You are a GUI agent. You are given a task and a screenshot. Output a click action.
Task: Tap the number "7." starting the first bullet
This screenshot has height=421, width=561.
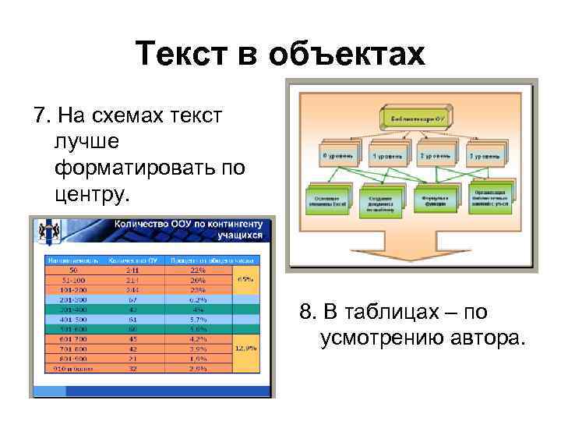click(x=44, y=117)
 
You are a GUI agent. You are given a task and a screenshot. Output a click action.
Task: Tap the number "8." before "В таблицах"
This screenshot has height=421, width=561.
click(x=310, y=313)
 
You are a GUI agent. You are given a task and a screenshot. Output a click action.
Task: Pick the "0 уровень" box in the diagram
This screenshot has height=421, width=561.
click(x=338, y=155)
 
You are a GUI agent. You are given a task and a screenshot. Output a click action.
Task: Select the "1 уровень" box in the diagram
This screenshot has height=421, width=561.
click(x=386, y=155)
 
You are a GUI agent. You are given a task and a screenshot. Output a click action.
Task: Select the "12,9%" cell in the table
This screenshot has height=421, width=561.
click(x=247, y=348)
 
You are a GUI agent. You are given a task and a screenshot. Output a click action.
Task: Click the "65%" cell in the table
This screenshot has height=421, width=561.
click(x=247, y=278)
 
